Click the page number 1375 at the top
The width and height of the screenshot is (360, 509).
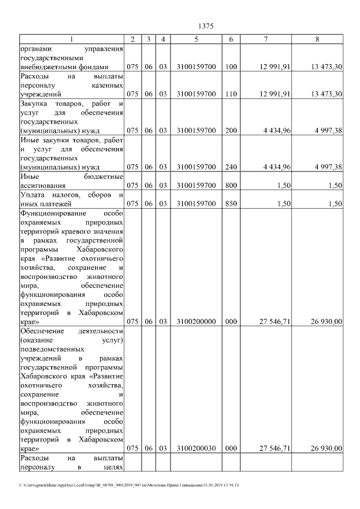click(206, 26)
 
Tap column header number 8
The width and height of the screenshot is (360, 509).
click(318, 39)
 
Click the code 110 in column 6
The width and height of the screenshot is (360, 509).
click(231, 94)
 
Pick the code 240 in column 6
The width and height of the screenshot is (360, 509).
click(231, 167)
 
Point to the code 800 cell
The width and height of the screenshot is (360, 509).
click(231, 185)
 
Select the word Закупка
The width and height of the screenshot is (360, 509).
click(35, 104)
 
